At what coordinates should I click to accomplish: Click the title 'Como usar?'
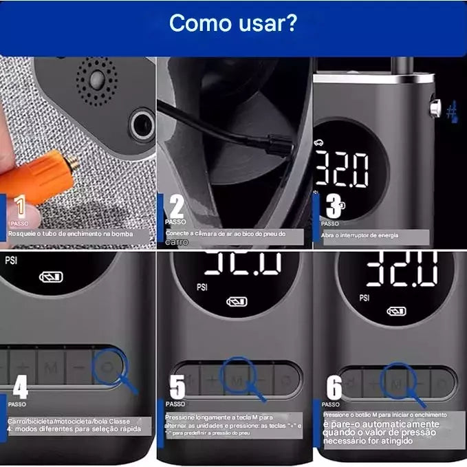233,22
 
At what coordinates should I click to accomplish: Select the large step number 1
21,207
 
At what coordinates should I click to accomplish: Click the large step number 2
177,206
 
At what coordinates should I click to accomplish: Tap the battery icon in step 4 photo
51,276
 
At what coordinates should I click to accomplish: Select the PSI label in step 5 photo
202,287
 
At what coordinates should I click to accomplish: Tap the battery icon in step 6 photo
395,311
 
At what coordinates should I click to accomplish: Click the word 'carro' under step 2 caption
177,242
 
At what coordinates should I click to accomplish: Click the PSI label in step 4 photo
11,261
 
